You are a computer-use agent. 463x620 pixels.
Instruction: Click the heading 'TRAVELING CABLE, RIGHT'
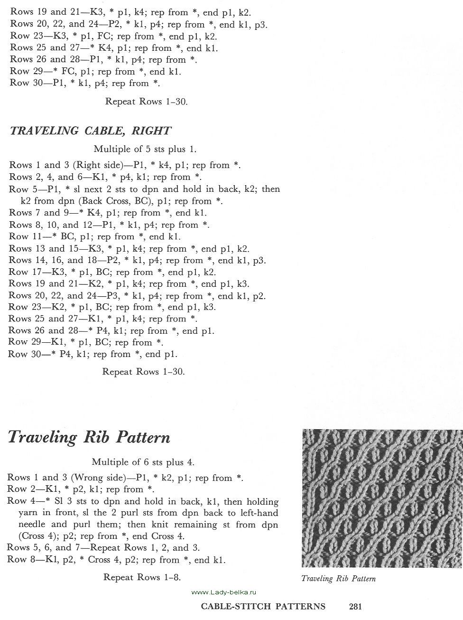90,131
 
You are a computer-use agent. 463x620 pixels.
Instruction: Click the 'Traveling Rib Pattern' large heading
89,437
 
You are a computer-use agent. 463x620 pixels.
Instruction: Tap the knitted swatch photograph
382,498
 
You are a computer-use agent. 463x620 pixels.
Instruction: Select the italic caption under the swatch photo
338,579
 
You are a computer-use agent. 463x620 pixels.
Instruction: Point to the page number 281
355,606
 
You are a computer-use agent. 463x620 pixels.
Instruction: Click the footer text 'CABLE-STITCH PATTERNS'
263,606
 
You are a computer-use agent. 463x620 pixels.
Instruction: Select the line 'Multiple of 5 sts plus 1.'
145,149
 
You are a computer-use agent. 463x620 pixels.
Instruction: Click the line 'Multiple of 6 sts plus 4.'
143,462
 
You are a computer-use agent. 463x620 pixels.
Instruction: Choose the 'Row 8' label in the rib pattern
21,560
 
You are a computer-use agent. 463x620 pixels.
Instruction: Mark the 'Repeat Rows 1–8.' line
142,577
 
